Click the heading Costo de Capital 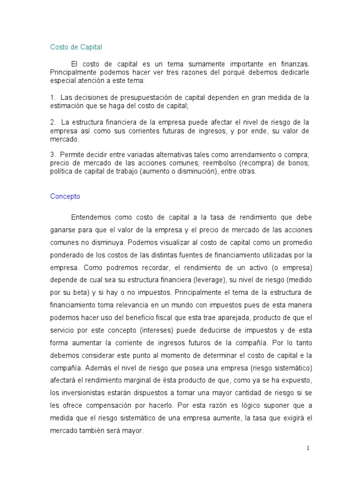tap(76, 47)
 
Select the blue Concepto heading tap(65, 196)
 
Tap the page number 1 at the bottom tap(308, 448)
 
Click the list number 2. tap(52, 122)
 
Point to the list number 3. tap(52, 154)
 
